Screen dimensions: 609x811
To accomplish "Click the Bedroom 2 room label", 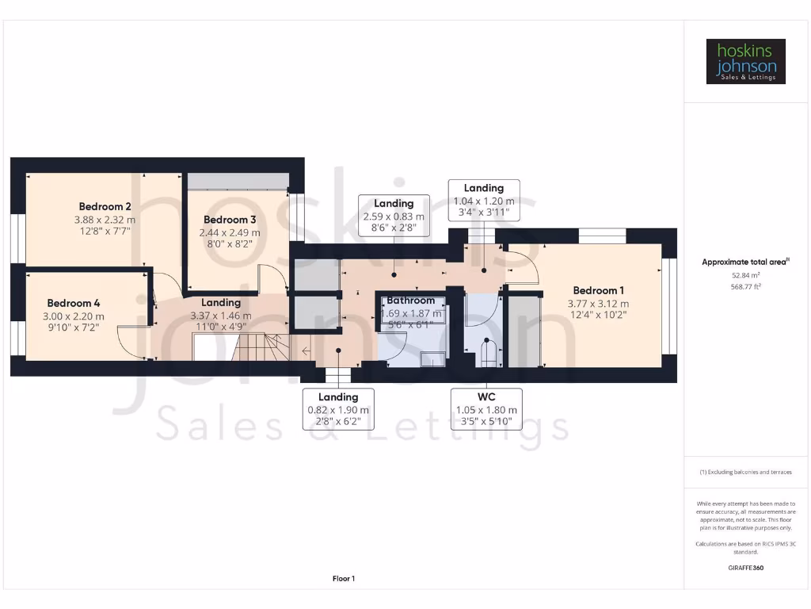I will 105,207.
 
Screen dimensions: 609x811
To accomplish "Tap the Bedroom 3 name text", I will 230,220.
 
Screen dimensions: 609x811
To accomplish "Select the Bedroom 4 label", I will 74,303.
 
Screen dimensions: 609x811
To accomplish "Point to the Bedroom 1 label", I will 598,290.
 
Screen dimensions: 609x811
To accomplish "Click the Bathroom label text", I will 410,301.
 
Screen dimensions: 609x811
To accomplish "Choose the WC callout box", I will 486,408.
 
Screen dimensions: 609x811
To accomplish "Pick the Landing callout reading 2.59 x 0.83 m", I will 394,216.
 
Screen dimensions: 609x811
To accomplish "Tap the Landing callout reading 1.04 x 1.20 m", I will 483,201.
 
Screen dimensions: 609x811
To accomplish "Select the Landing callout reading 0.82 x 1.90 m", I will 338,409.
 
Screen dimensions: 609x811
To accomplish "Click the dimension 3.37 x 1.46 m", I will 221,316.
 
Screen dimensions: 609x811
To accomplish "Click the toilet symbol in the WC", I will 486,353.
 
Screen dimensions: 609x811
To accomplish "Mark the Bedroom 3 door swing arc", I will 273,278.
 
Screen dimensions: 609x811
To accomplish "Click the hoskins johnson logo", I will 746,61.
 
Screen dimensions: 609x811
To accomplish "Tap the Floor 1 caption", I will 343,579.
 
